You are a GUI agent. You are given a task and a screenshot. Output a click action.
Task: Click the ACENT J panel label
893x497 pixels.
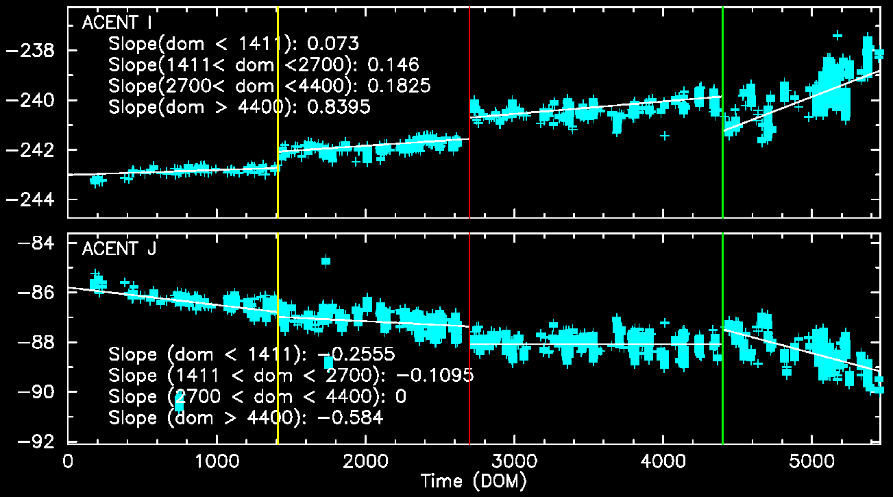tap(119, 249)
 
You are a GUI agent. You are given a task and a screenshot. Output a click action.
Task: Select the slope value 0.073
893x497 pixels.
tap(333, 44)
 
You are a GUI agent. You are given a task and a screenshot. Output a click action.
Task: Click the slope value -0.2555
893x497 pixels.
tap(355, 355)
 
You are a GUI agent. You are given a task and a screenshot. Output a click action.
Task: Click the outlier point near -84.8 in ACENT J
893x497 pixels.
tap(326, 260)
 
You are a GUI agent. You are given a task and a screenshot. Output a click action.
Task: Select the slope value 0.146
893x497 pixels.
tap(393, 64)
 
